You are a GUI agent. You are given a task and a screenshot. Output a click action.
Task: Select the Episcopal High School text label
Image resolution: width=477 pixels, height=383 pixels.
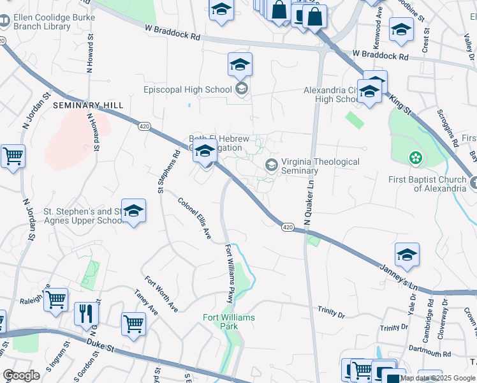click(196, 90)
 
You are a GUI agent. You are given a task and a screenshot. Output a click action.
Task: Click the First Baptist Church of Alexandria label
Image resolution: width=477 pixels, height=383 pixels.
click(427, 183)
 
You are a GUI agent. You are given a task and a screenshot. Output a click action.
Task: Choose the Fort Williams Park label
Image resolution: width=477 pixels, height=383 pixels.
click(229, 322)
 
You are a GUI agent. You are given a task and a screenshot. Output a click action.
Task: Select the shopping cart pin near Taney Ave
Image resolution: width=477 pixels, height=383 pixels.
click(133, 324)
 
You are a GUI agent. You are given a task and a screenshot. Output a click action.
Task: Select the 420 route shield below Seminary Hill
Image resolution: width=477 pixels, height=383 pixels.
click(143, 127)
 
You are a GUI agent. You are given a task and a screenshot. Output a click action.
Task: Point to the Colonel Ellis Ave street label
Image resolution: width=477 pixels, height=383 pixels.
click(194, 219)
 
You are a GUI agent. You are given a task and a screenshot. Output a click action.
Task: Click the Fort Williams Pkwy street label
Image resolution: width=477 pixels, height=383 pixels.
click(229, 274)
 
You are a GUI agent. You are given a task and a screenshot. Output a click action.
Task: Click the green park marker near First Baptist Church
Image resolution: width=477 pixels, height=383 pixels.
click(416, 157)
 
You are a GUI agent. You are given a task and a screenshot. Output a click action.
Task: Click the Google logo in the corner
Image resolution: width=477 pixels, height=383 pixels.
click(21, 375)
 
